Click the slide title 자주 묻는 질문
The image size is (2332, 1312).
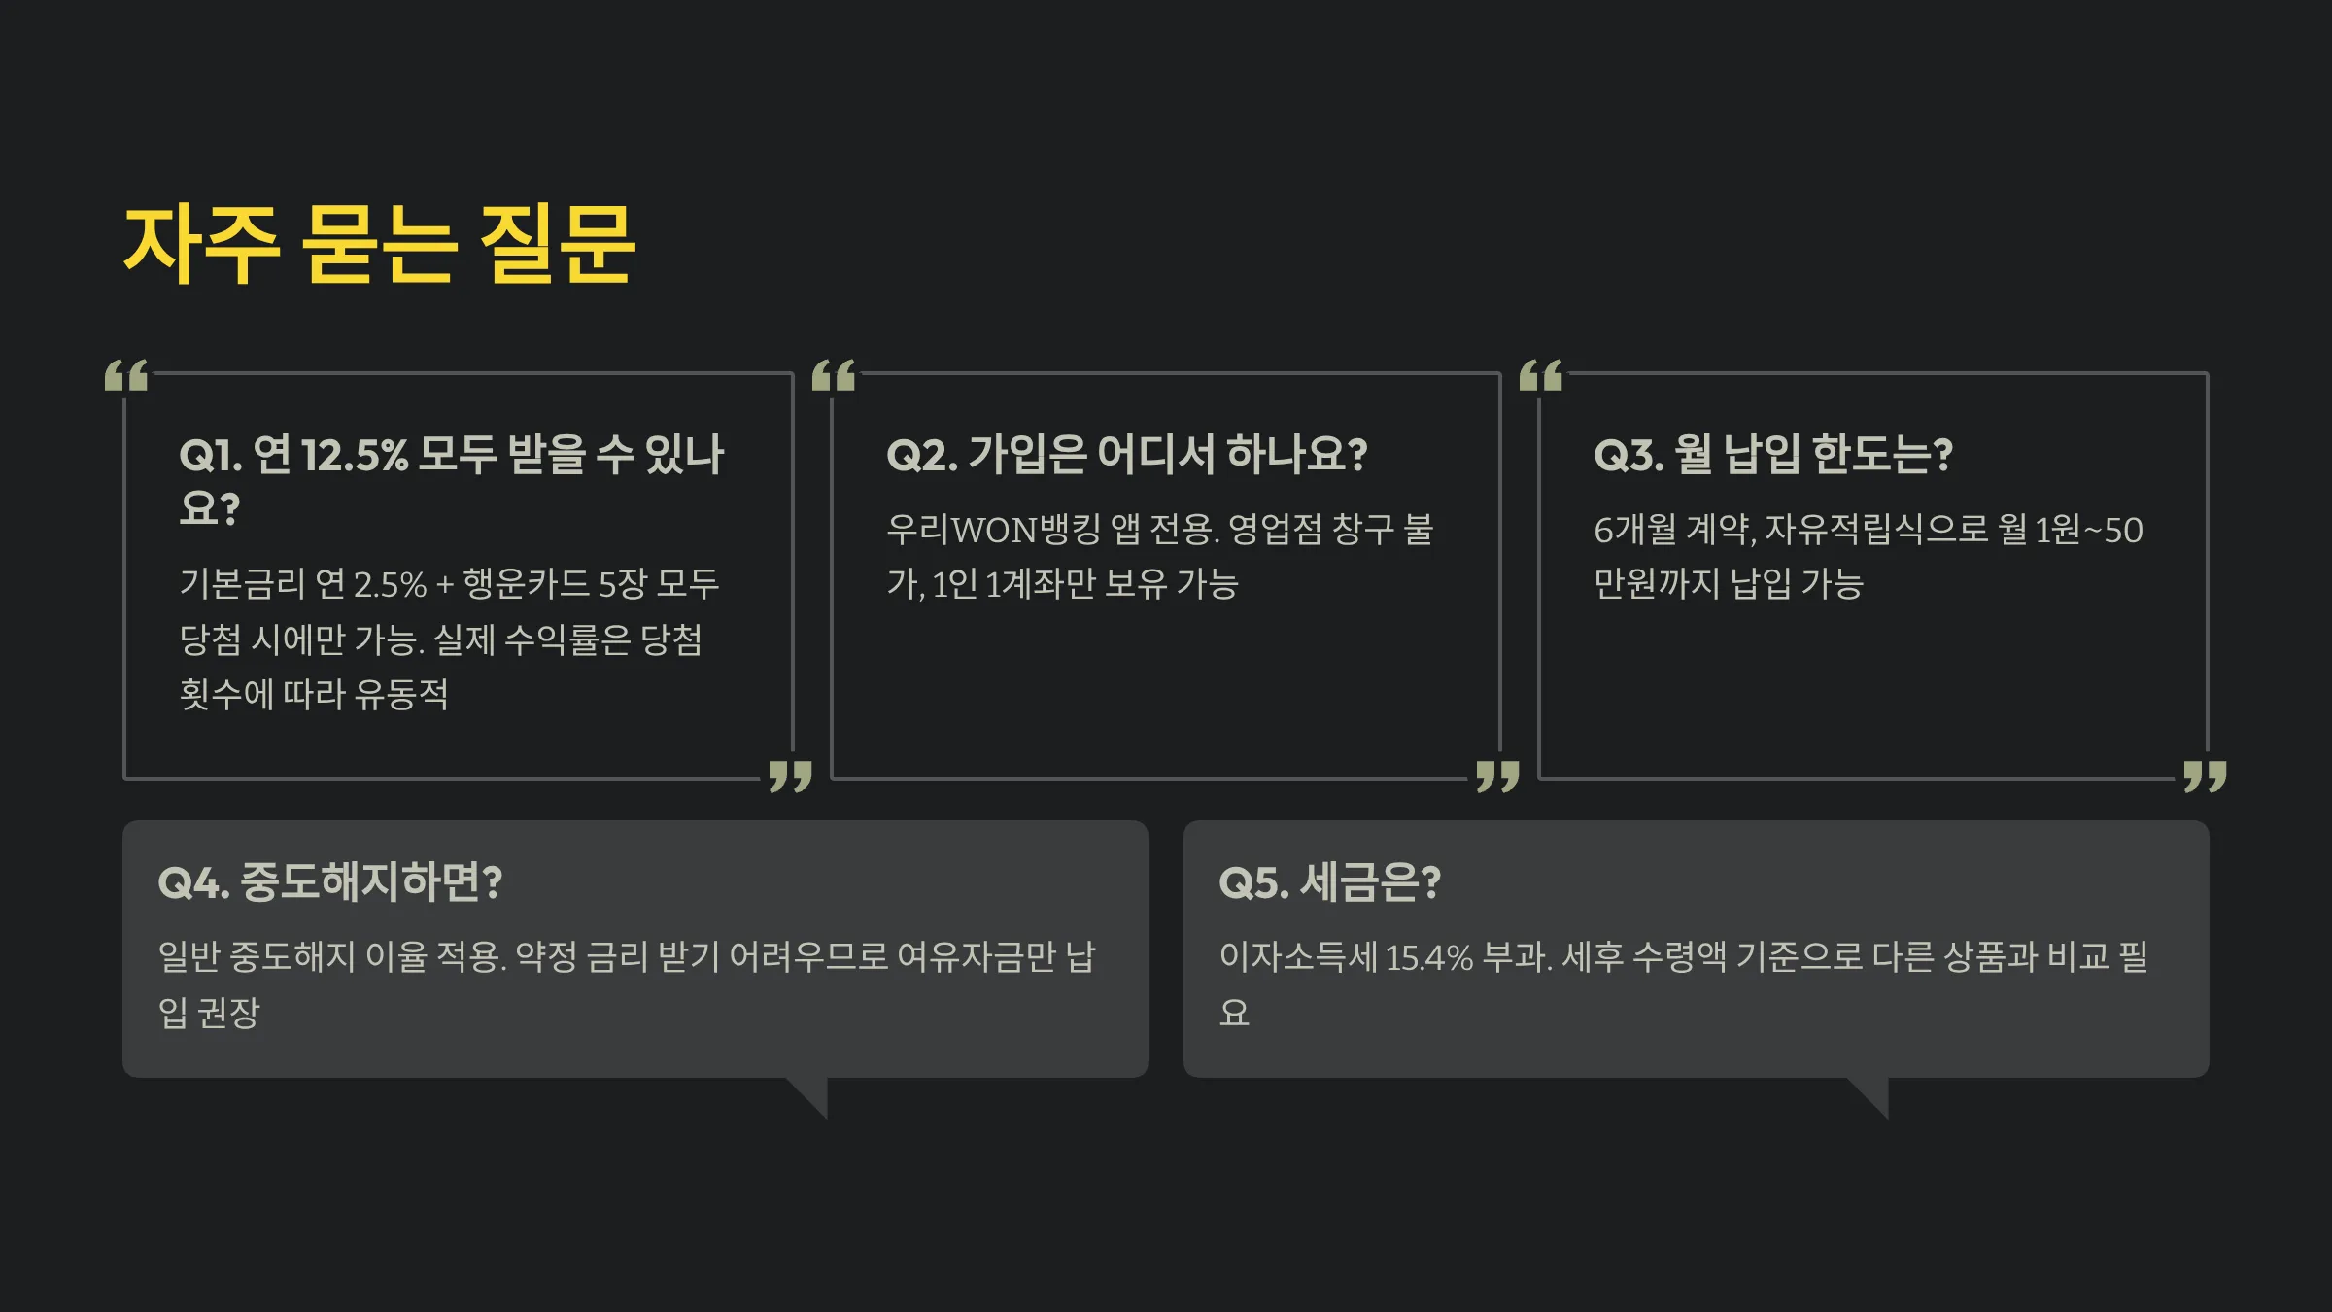coord(379,245)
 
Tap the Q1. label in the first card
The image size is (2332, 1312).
coord(210,455)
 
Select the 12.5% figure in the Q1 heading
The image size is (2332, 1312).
coord(355,455)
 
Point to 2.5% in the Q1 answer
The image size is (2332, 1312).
coord(390,584)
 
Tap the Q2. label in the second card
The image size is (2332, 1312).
coord(921,455)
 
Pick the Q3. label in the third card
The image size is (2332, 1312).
coord(1629,455)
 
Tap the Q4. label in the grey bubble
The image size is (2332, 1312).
coord(193,882)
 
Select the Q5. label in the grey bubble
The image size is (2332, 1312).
coord(1253,882)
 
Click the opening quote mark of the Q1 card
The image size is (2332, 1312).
coord(126,375)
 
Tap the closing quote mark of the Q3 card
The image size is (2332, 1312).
coord(2205,776)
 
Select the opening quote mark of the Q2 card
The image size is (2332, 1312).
coord(834,375)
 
